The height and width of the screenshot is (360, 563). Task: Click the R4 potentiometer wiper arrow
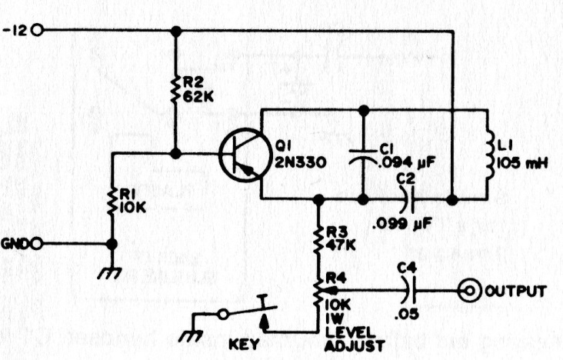[x=328, y=291]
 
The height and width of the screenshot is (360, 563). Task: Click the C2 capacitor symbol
[x=408, y=199]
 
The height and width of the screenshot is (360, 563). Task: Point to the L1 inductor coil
[x=490, y=154]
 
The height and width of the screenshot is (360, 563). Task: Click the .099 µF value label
[x=401, y=224]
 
